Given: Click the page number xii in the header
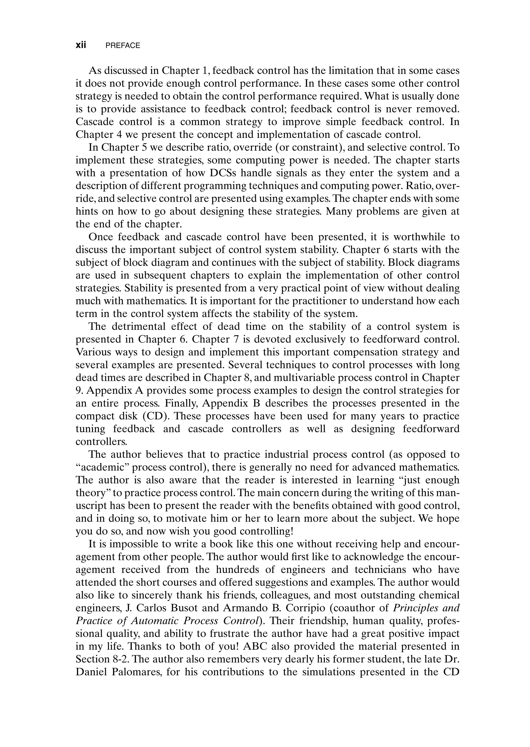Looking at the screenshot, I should pyautogui.click(x=80, y=45).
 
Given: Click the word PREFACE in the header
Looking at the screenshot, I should pyautogui.click(x=123, y=46).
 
